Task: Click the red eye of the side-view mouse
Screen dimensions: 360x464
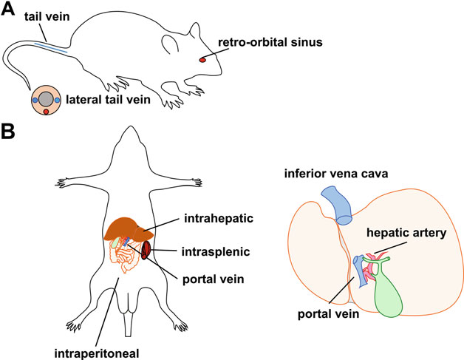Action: [204, 60]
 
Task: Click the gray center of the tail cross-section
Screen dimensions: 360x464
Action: [47, 99]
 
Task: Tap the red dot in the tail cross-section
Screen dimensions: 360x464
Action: [47, 111]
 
